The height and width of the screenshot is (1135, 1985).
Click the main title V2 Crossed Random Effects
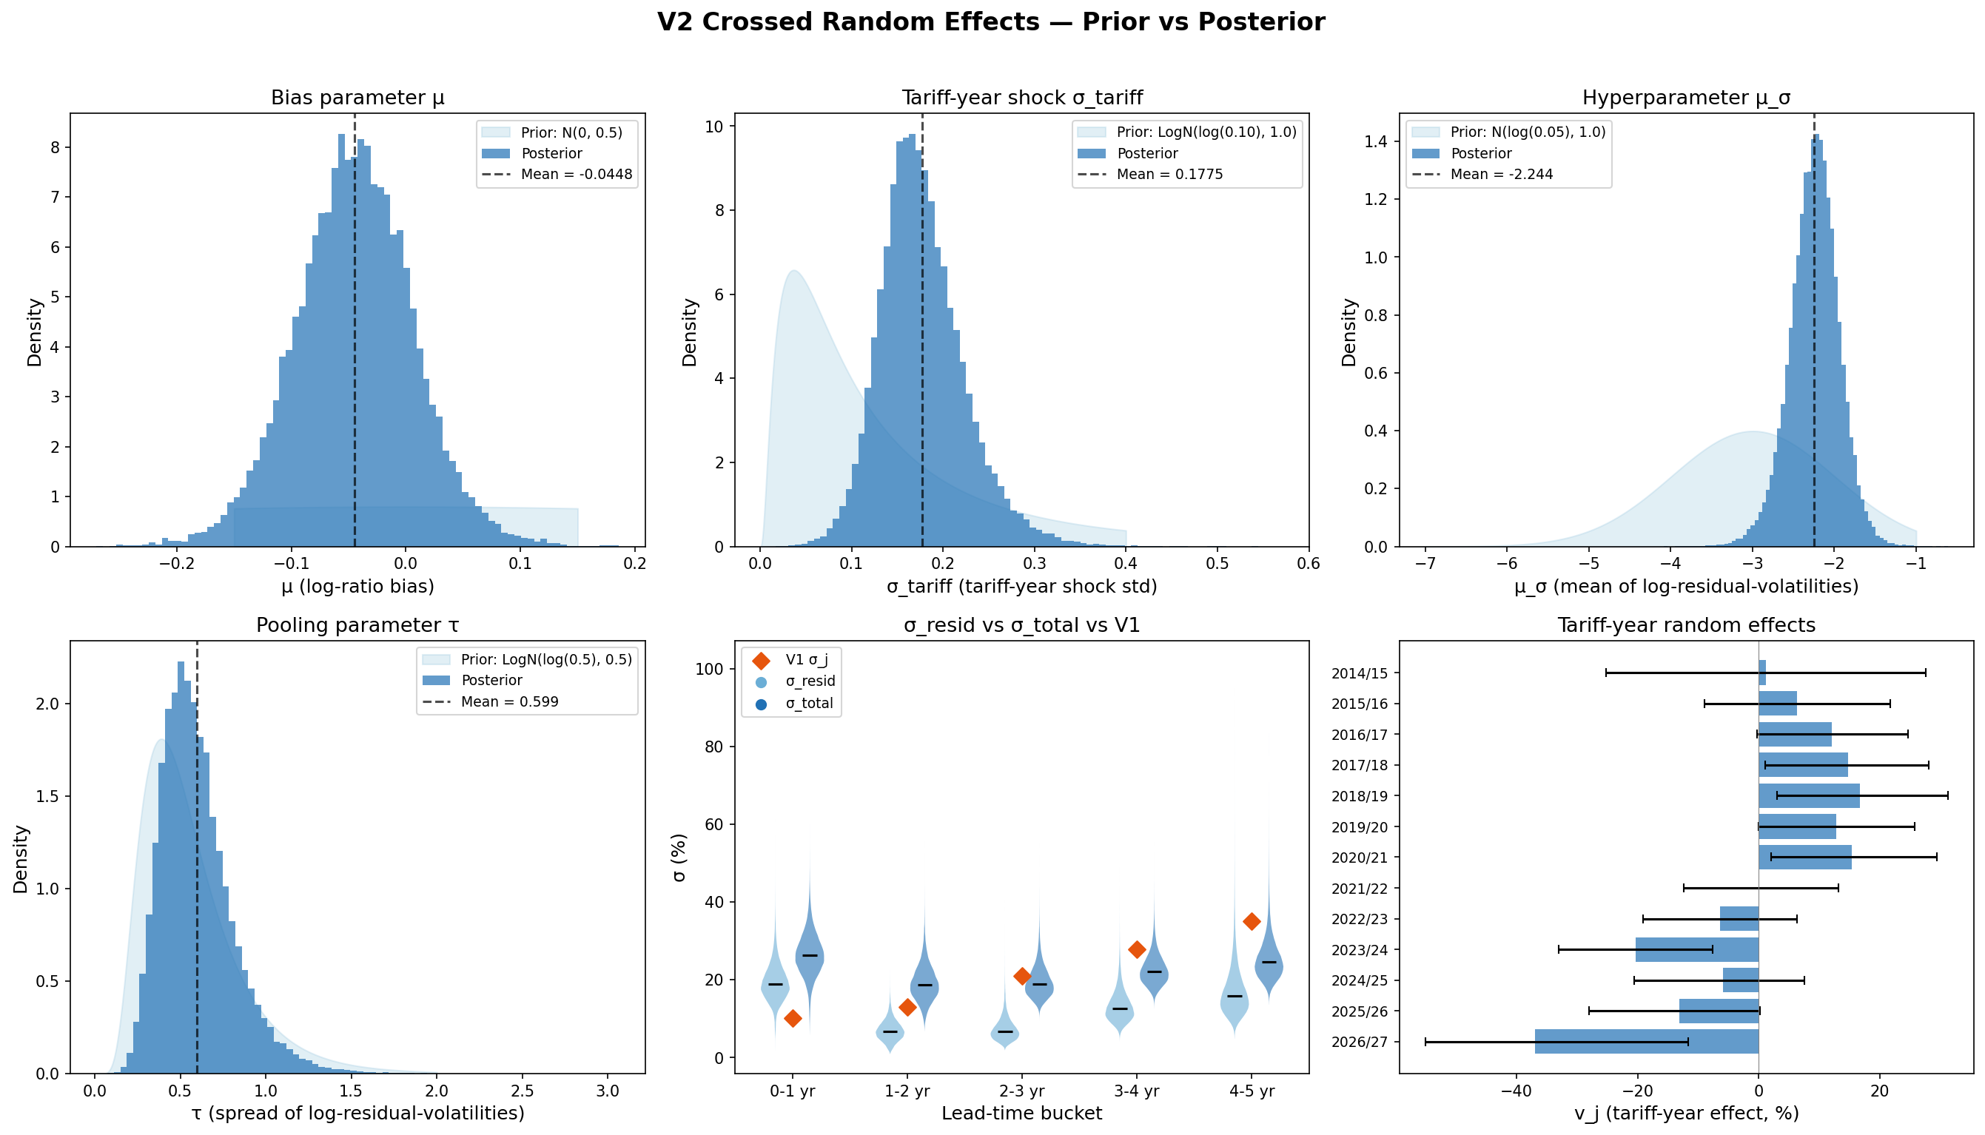(991, 22)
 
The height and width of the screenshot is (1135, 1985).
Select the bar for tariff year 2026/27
(1647, 1042)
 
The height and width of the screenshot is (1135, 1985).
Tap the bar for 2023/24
(1696, 949)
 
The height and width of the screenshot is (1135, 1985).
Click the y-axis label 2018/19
(1360, 796)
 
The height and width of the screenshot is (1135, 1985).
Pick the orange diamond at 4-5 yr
(1252, 921)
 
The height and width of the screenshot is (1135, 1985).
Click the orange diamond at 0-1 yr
(792, 1018)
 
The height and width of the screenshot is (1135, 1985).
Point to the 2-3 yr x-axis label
(1021, 1091)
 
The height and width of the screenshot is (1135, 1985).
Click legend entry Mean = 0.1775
(1169, 174)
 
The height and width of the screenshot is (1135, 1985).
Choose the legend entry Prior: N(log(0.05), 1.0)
(1528, 132)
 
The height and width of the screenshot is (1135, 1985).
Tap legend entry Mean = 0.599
(509, 701)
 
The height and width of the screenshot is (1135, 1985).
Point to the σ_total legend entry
(808, 703)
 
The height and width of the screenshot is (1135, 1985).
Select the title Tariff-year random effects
(1685, 625)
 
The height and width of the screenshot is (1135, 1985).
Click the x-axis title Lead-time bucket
(1021, 1113)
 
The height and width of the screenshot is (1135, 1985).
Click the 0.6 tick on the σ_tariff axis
(1309, 564)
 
